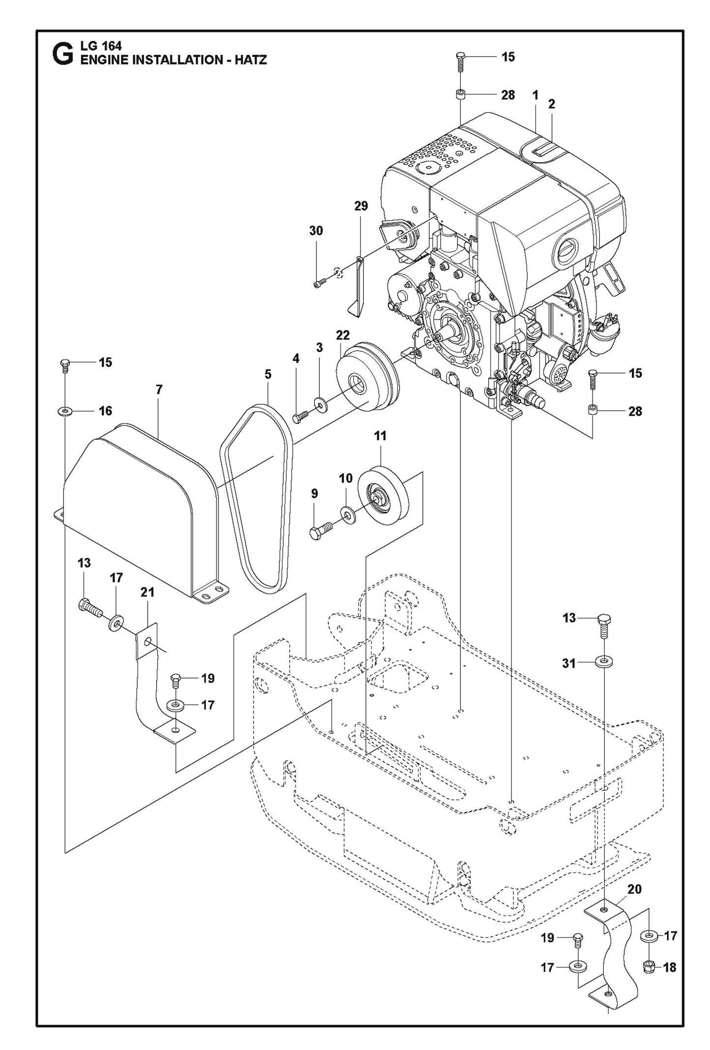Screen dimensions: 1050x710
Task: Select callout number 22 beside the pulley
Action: pos(342,335)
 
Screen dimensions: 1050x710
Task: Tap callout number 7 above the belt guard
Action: pos(159,390)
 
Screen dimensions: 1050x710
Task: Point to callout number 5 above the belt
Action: pos(268,374)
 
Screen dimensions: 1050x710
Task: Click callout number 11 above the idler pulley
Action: pos(380,436)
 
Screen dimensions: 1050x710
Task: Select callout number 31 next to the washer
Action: pos(568,663)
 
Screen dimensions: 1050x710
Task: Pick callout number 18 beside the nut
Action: pos(669,967)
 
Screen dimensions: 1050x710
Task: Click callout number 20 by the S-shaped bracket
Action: pos(634,889)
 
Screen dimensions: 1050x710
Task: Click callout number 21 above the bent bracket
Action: pos(147,593)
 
